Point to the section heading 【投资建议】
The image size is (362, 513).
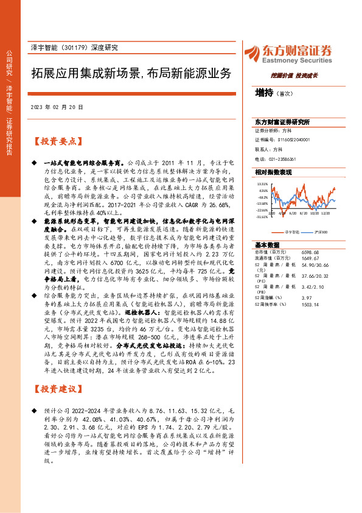(57, 389)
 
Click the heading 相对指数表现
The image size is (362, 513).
(273, 172)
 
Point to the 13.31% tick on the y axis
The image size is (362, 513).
(262, 183)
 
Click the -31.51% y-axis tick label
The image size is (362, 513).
(262, 216)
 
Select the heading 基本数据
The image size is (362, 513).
(268, 244)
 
